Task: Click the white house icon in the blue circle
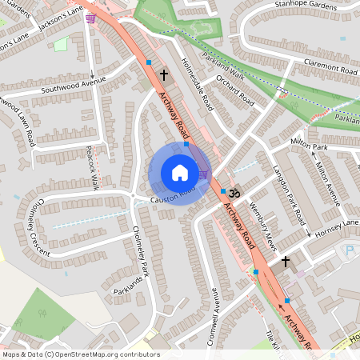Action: (179, 173)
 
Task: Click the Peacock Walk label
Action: (94, 168)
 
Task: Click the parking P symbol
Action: (348, 251)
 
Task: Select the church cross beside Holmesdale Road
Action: (164, 76)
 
